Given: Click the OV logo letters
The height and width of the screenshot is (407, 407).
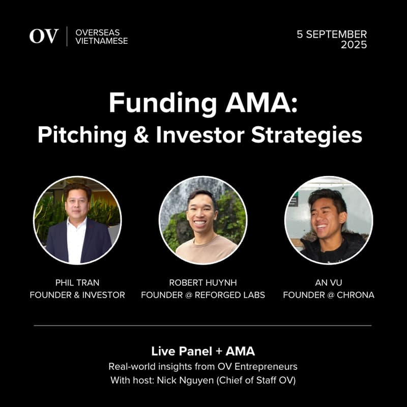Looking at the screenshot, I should coord(44,36).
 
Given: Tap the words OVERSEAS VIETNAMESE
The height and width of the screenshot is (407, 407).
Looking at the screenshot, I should coord(101,36).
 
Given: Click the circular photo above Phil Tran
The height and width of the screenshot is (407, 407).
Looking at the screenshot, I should coord(77,220).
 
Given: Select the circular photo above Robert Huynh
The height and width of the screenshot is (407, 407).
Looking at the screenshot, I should coord(203,220).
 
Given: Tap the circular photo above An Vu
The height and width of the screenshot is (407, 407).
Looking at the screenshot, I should coord(329,220).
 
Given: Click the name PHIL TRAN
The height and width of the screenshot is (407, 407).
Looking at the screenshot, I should coord(77,282).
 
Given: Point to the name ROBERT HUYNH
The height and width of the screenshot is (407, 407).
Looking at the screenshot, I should coord(203,282).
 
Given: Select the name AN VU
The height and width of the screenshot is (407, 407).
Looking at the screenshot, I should coord(329,282).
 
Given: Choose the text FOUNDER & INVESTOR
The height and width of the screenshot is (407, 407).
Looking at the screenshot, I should coord(77,295).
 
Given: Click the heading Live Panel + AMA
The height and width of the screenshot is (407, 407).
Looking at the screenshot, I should coord(203,351).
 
